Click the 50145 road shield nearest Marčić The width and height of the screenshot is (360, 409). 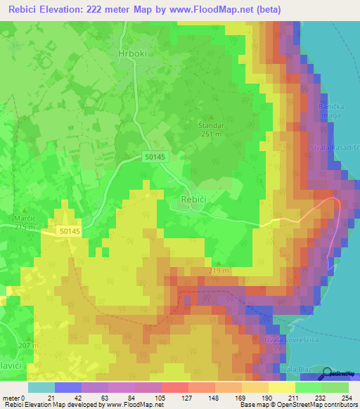pos(69,230)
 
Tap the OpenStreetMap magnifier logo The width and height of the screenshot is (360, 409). pos(328,374)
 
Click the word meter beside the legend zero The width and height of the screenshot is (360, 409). pos(10,398)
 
